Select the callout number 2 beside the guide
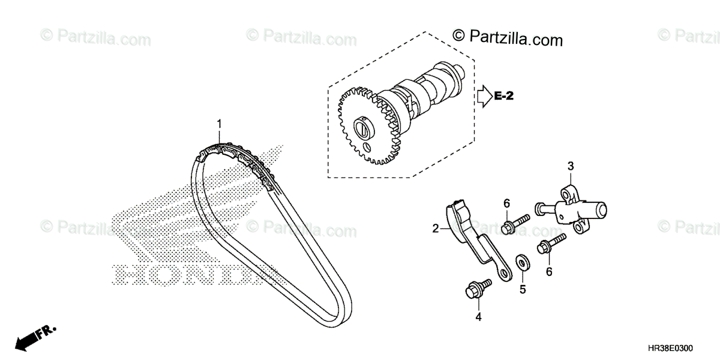[436, 228]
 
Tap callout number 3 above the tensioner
[571, 165]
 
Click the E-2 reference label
[505, 95]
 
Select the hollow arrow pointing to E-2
[483, 95]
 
